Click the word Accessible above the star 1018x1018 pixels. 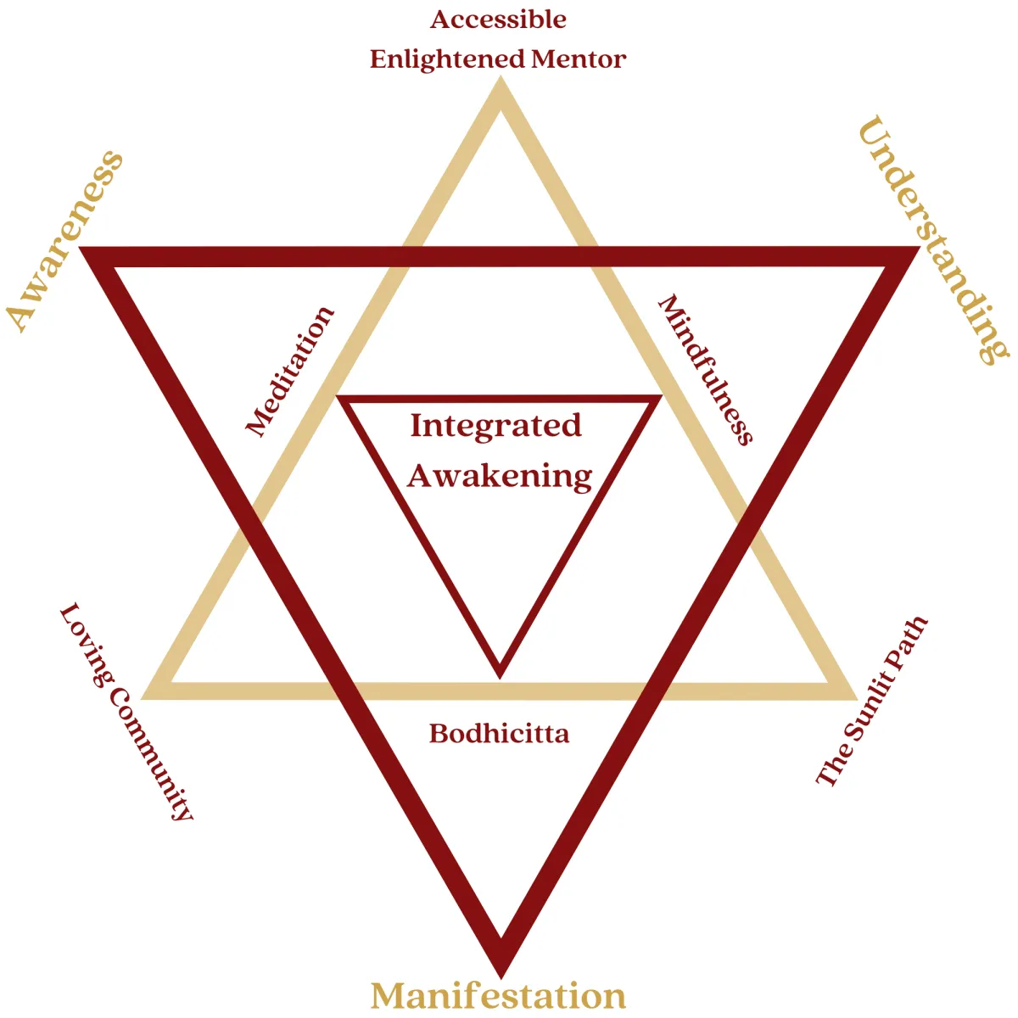click(x=498, y=20)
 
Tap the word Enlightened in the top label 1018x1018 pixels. click(x=448, y=59)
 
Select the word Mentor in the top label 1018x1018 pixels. click(x=579, y=59)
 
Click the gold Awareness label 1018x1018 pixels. click(x=64, y=242)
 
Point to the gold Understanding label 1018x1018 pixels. click(x=933, y=239)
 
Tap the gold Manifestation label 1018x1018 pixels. click(x=498, y=995)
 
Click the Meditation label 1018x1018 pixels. click(x=290, y=372)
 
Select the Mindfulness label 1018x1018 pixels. click(x=706, y=370)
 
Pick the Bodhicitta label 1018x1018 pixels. click(x=499, y=733)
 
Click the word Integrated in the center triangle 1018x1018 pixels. click(x=496, y=425)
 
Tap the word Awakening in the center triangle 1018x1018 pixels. click(x=500, y=476)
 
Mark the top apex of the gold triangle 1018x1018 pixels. click(x=501, y=77)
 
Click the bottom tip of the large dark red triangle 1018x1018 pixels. click(x=501, y=978)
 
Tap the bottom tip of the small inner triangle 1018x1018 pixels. click(x=500, y=679)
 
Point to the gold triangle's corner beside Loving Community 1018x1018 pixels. click(x=143, y=699)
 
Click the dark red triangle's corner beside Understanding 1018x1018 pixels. click(x=920, y=247)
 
